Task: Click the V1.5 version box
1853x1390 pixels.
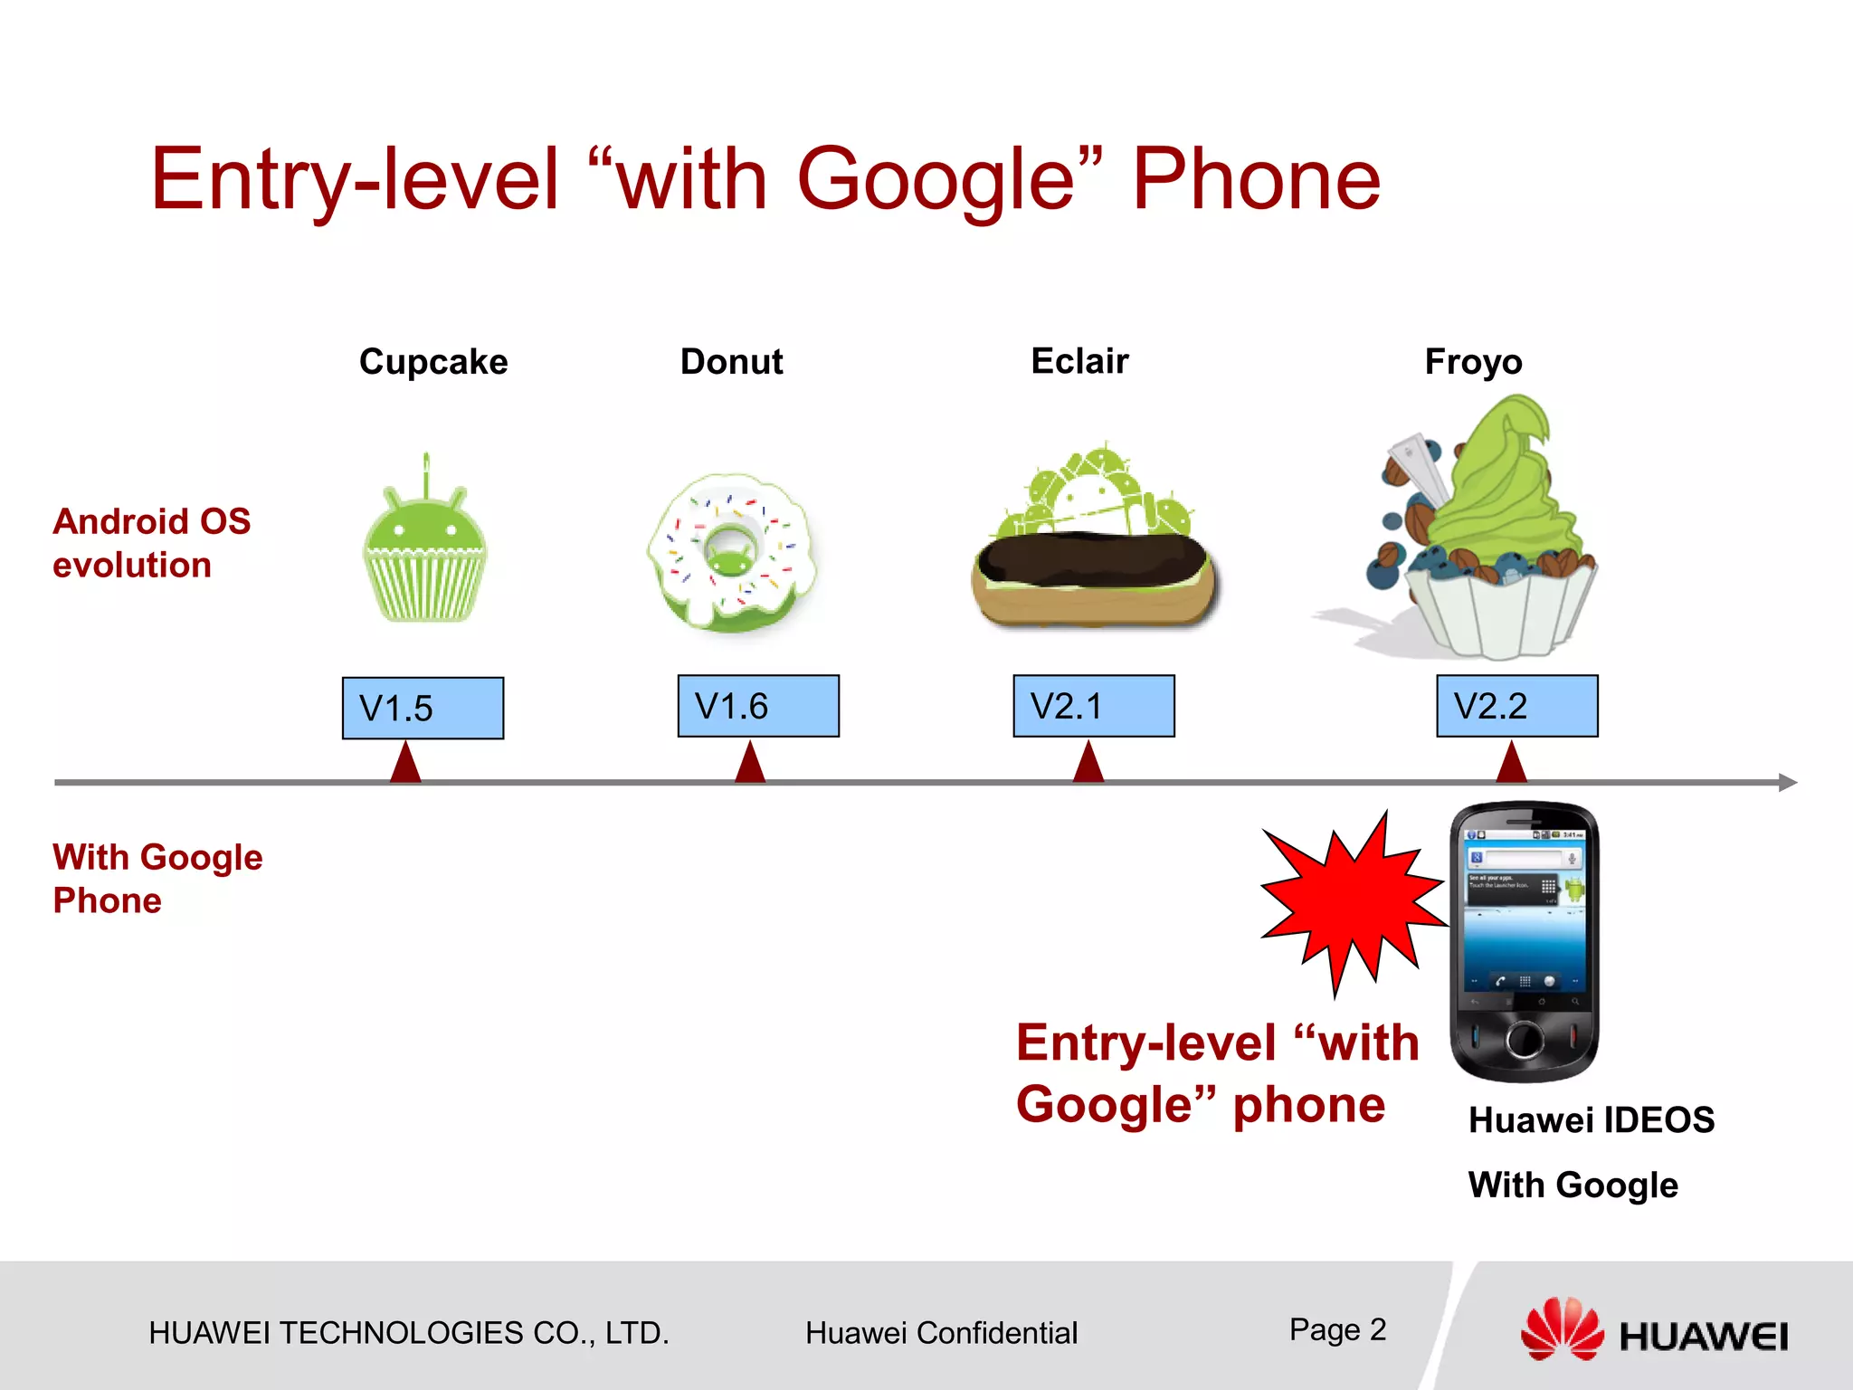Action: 423,708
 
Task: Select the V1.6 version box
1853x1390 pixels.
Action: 758,706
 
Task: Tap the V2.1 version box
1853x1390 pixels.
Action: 1093,706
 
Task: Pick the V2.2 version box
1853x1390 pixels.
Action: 1516,706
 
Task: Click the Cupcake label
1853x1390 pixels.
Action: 433,362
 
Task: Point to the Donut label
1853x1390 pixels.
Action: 731,362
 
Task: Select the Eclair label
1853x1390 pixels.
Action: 1079,361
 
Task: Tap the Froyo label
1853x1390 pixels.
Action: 1473,362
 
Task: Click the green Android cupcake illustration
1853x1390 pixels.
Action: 424,552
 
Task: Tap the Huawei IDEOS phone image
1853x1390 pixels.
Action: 1524,941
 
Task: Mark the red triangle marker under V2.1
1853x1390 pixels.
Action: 1088,763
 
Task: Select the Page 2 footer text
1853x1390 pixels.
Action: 1337,1329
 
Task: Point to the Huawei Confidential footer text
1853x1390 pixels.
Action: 941,1333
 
